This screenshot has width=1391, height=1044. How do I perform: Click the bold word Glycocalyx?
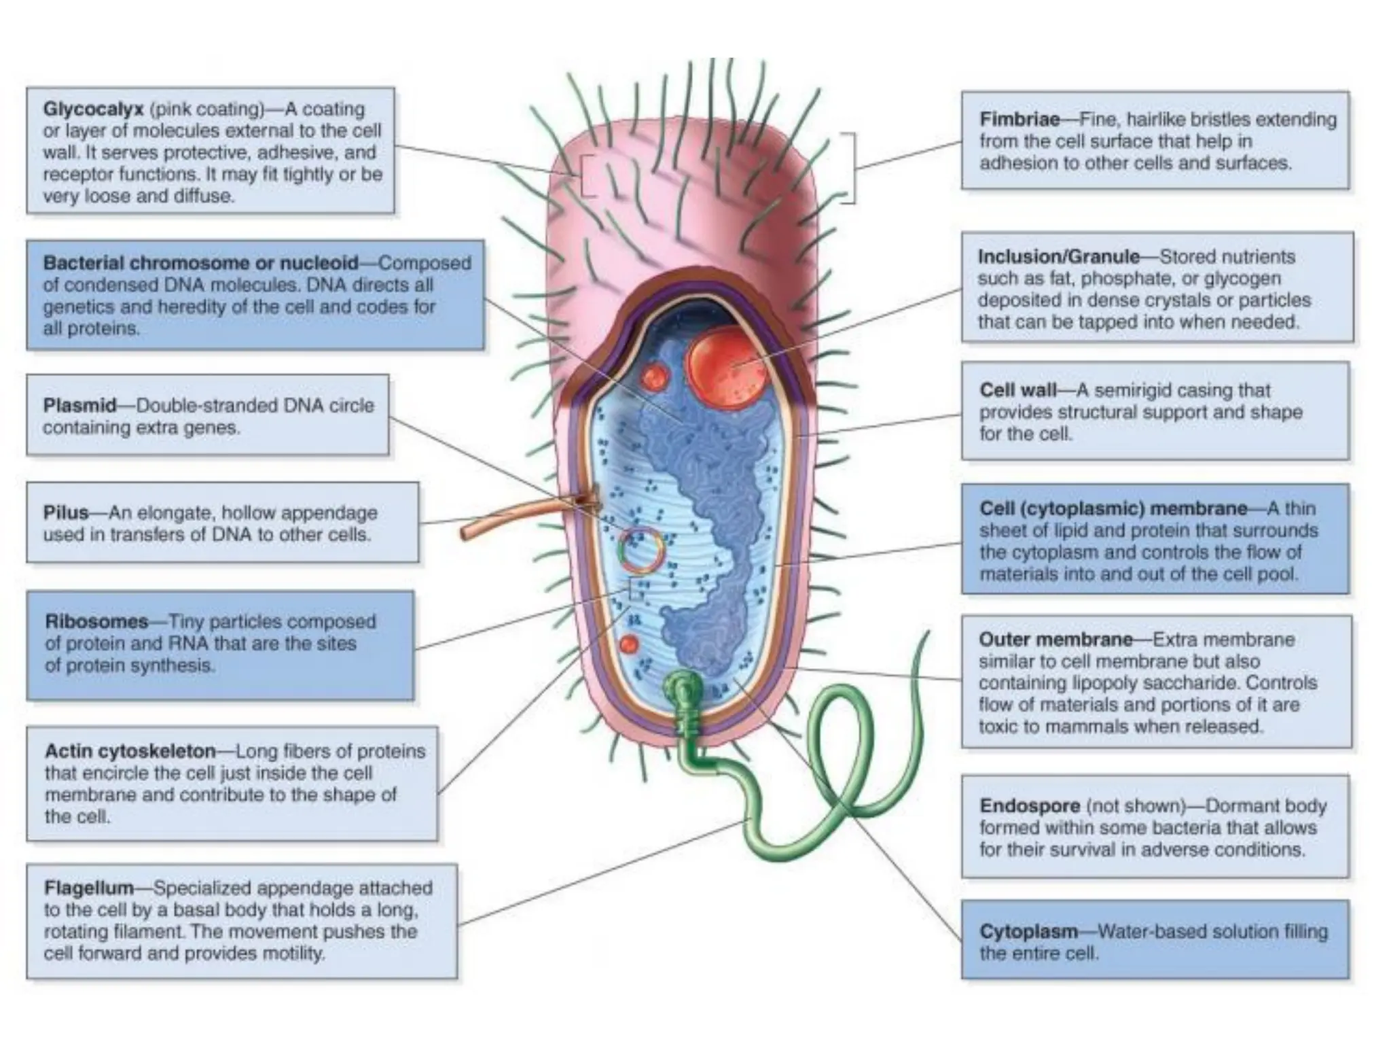pyautogui.click(x=93, y=109)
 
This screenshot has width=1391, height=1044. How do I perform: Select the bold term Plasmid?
pyautogui.click(x=79, y=406)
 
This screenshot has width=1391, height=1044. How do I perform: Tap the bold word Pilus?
pyautogui.click(x=66, y=512)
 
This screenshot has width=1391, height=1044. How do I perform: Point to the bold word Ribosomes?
pyautogui.click(x=96, y=621)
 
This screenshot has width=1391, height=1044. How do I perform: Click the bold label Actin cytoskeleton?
pyautogui.click(x=130, y=751)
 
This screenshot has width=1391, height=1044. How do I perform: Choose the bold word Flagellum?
pyautogui.click(x=88, y=888)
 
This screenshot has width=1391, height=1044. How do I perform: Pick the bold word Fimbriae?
pyautogui.click(x=1019, y=120)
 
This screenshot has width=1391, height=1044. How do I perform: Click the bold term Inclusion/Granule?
pyautogui.click(x=1058, y=257)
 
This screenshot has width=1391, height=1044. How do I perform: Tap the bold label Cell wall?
pyautogui.click(x=1017, y=390)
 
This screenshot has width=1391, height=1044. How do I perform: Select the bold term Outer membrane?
pyautogui.click(x=1055, y=640)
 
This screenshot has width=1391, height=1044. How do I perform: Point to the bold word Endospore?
pyautogui.click(x=1030, y=806)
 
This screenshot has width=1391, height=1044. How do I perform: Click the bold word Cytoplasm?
pyautogui.click(x=1028, y=931)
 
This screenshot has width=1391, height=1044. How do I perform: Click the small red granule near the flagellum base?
pyautogui.click(x=629, y=644)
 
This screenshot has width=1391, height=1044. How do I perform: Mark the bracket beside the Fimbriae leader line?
pyautogui.click(x=850, y=168)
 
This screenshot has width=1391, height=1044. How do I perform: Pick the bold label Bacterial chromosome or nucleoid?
pyautogui.click(x=200, y=263)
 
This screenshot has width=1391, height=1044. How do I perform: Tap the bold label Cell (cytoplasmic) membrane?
pyautogui.click(x=1113, y=509)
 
